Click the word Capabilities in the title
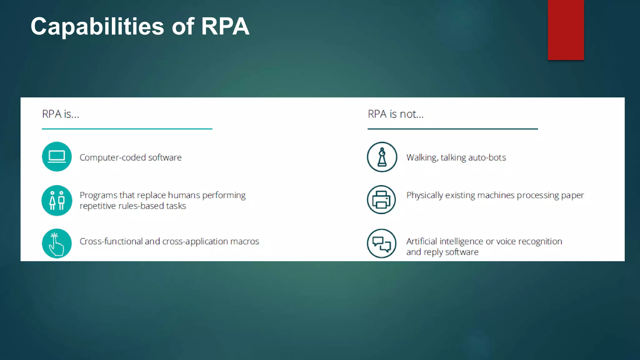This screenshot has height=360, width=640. pyautogui.click(x=97, y=27)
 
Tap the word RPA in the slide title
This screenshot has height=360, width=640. pyautogui.click(x=225, y=26)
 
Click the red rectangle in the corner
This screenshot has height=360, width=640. pyautogui.click(x=566, y=30)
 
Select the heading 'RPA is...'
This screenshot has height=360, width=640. pyautogui.click(x=61, y=114)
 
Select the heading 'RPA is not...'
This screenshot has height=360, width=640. pyautogui.click(x=396, y=114)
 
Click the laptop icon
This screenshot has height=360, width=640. pyautogui.click(x=57, y=157)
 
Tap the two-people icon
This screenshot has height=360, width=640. pyautogui.click(x=57, y=200)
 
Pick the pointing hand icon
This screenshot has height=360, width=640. pyautogui.click(x=57, y=243)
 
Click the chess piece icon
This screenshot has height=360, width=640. pyautogui.click(x=382, y=157)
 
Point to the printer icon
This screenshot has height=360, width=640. pyautogui.click(x=382, y=200)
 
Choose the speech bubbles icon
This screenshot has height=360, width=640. pyautogui.click(x=382, y=243)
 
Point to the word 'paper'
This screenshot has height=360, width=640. pyautogui.click(x=572, y=196)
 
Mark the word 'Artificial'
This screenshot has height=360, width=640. pyautogui.click(x=421, y=242)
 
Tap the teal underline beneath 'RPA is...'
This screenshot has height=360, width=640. pyautogui.click(x=127, y=129)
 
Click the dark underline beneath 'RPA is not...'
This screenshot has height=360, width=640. pyautogui.click(x=452, y=129)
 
